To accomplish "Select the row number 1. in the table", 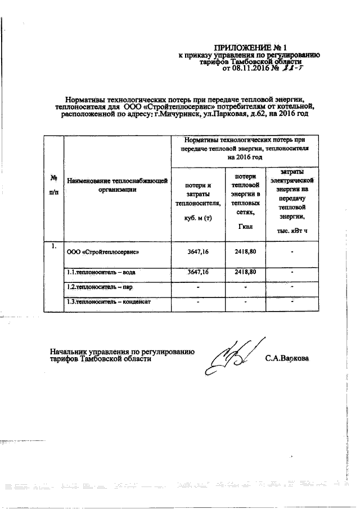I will coord(54,246).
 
